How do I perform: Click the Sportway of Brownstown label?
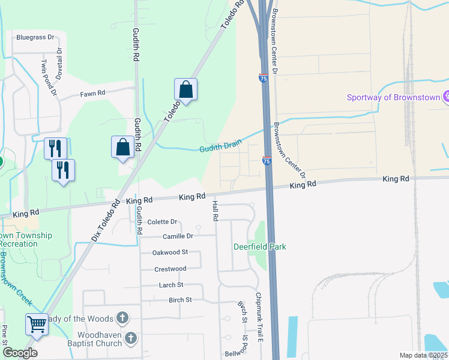pos(394,98)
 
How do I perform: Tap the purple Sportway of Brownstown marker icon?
pos(446,97)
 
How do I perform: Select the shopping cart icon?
pos(37,325)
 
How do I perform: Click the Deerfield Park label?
pos(260,247)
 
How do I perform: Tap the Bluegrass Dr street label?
pos(35,37)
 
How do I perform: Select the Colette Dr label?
pos(163,221)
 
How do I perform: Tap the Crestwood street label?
pos(170,269)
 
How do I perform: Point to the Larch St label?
pos(171,285)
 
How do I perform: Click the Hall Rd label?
pos(215,211)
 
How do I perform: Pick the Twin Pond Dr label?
pos(49,77)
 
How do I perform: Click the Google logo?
pos(20,353)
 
